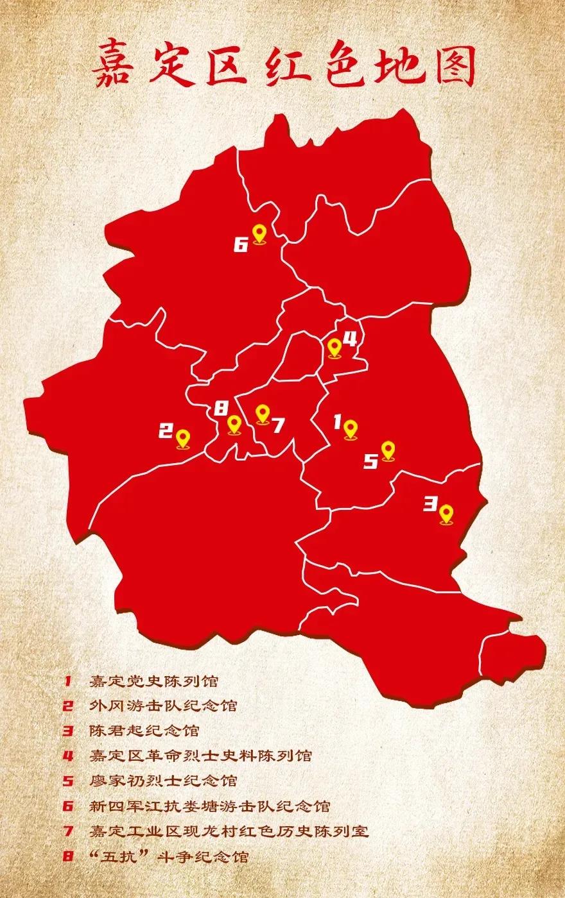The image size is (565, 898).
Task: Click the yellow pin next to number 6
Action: click(259, 233)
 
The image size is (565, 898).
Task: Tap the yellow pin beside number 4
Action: click(335, 348)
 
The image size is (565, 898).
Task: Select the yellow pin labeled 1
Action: click(350, 429)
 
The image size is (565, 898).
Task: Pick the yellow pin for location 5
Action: click(387, 451)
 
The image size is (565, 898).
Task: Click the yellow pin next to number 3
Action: click(446, 514)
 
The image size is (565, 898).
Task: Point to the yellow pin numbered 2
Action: click(183, 439)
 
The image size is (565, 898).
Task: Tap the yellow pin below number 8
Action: click(234, 425)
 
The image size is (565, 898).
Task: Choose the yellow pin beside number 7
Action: click(261, 414)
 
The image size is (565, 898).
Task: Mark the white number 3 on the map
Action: click(430, 504)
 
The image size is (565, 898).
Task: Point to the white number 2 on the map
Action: click(166, 431)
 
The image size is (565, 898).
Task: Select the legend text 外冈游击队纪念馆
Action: click(163, 706)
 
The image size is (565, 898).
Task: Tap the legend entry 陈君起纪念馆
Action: click(144, 731)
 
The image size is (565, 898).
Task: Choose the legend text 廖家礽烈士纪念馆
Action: click(163, 781)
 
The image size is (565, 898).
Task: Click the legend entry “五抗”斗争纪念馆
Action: click(168, 856)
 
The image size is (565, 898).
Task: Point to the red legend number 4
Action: click(69, 756)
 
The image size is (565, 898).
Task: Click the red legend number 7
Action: click(69, 831)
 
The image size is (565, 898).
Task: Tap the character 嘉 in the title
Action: click(114, 66)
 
